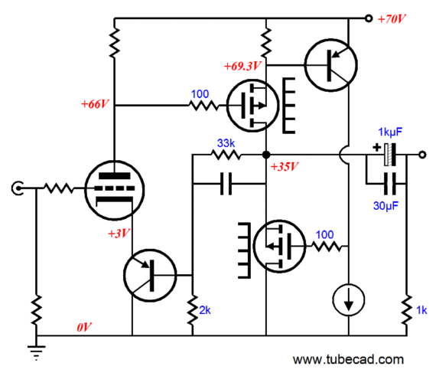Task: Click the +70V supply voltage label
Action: (392, 19)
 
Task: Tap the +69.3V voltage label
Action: (242, 66)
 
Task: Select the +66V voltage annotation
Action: (95, 104)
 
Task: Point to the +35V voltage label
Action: (285, 166)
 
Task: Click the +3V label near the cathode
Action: (119, 234)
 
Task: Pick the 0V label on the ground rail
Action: (84, 327)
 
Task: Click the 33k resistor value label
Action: (226, 143)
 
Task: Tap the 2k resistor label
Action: (205, 310)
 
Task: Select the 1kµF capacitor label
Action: (390, 132)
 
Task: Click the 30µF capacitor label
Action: (386, 206)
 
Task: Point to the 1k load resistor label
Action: (421, 310)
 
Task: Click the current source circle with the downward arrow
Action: (348, 300)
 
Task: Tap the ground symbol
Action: (36, 353)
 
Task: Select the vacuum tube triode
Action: (114, 191)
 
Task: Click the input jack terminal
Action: (18, 188)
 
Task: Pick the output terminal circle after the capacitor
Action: (422, 155)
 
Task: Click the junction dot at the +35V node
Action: (266, 155)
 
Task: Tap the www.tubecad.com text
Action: (348, 359)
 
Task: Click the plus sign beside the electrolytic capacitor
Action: (376, 147)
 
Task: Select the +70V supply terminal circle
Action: (369, 18)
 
